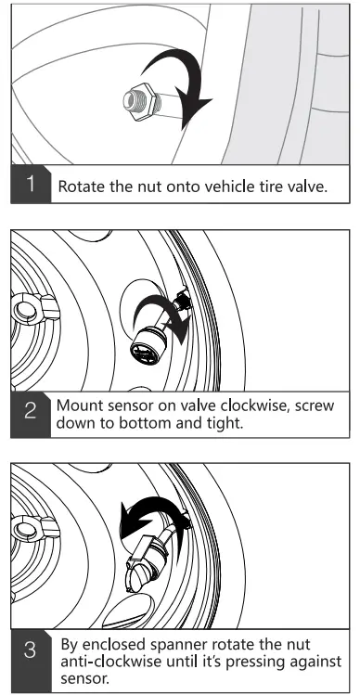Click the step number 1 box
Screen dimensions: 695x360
point(31,184)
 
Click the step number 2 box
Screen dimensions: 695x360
point(31,414)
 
